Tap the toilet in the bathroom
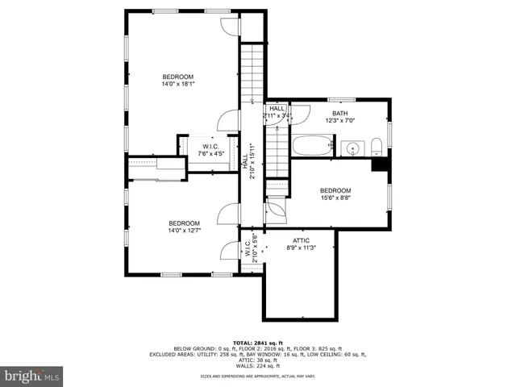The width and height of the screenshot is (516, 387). (x=377, y=147)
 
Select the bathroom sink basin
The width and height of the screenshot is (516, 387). (x=351, y=148)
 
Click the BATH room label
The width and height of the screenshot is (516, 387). (x=339, y=113)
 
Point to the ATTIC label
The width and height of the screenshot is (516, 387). (x=301, y=240)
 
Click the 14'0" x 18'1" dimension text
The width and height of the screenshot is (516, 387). (x=179, y=83)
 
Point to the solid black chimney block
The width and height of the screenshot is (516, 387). (x=379, y=164)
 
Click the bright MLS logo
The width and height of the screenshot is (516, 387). (x=31, y=376)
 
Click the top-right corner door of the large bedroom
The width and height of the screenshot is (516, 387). (x=231, y=27)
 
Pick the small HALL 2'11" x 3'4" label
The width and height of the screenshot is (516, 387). (x=277, y=111)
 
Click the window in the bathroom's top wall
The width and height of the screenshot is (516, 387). (x=337, y=100)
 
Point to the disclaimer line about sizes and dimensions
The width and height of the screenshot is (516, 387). (x=257, y=377)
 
